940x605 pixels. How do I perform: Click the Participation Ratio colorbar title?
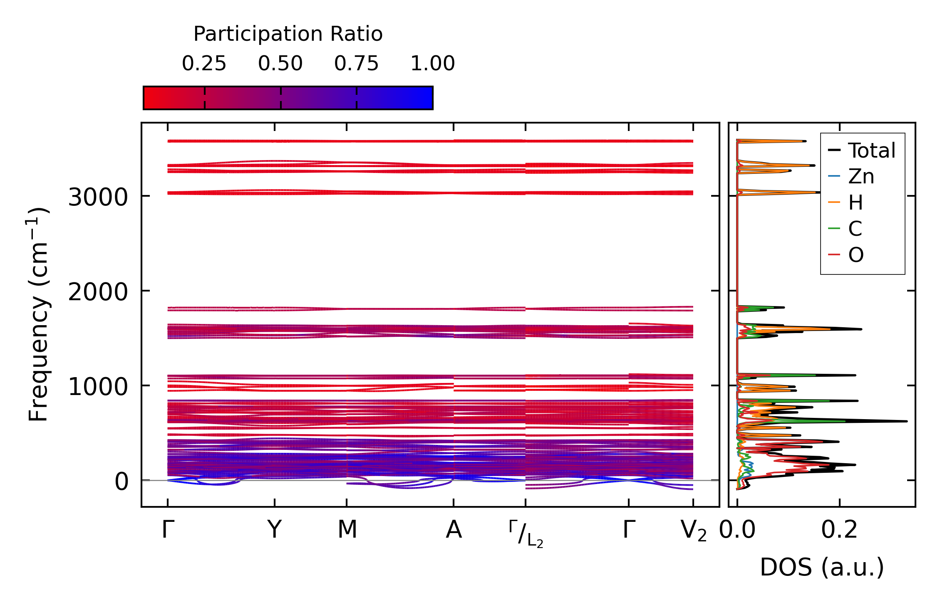pyautogui.click(x=288, y=34)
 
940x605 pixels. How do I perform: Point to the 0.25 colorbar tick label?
pyautogui.click(x=204, y=64)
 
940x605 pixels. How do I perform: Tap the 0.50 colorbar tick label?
pyautogui.click(x=280, y=64)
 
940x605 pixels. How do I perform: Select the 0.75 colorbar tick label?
pyautogui.click(x=356, y=64)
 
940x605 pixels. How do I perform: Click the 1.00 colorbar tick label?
pyautogui.click(x=432, y=64)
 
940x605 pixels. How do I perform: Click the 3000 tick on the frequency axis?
pyautogui.click(x=98, y=197)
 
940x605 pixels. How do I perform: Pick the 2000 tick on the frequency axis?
pyautogui.click(x=98, y=292)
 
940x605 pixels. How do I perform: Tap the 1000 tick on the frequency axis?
pyautogui.click(x=98, y=387)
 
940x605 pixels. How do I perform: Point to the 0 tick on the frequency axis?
pyautogui.click(x=122, y=482)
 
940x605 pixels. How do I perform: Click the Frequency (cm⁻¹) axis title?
pyautogui.click(x=38, y=314)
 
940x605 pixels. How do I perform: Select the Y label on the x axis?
pyautogui.click(x=274, y=530)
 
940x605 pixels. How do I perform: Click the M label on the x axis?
pyautogui.click(x=347, y=530)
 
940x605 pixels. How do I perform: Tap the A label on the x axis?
pyautogui.click(x=454, y=530)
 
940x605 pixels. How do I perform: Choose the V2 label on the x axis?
pyautogui.click(x=693, y=531)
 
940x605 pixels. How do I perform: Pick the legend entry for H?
pyautogui.click(x=856, y=202)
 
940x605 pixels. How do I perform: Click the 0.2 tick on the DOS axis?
pyautogui.click(x=839, y=530)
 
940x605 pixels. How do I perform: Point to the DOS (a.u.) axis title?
pyautogui.click(x=822, y=567)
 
